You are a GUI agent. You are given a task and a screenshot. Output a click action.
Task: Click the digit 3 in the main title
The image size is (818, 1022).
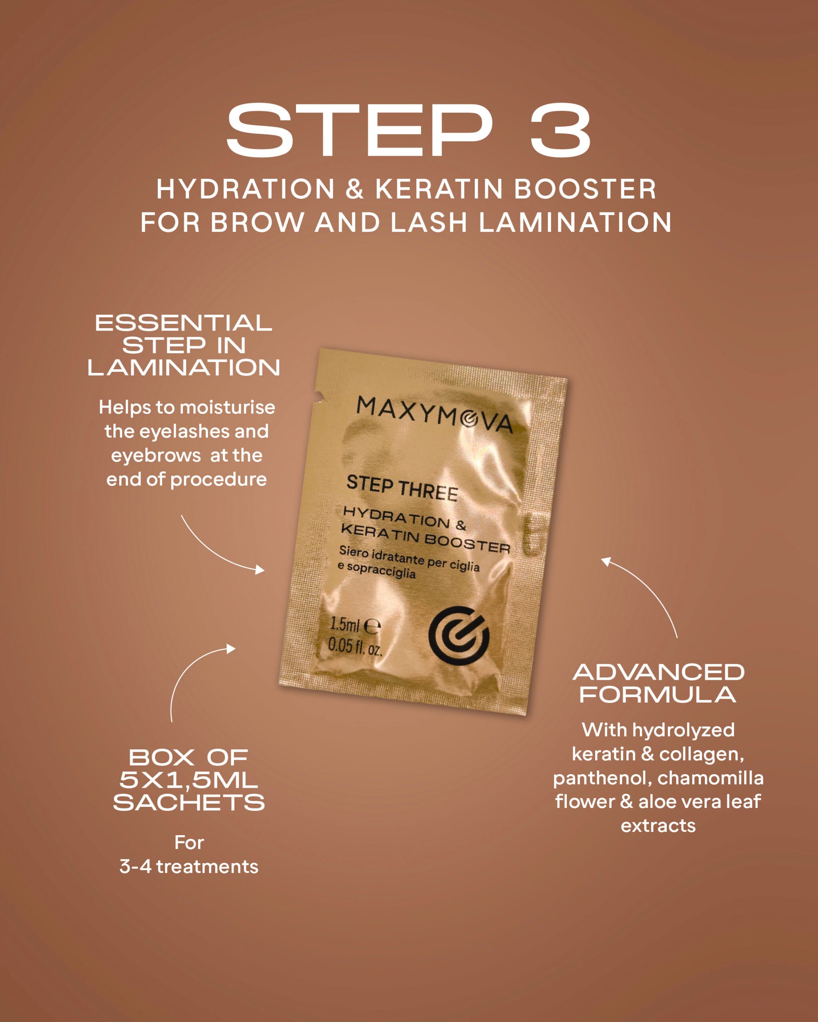point(560,130)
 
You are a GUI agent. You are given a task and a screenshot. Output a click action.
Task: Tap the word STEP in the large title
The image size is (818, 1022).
point(359,130)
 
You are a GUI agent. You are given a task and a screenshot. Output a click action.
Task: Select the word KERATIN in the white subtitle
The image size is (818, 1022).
point(439,189)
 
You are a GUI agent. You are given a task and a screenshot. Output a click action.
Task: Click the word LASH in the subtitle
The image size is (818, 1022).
point(429,222)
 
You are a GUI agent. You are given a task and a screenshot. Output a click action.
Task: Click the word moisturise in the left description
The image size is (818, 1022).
point(227,407)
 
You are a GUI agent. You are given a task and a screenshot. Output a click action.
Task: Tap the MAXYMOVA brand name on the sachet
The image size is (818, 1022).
point(435,414)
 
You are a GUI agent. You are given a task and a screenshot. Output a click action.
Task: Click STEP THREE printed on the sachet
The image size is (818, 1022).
point(402,488)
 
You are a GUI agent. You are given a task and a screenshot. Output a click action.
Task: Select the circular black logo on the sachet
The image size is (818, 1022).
point(459,634)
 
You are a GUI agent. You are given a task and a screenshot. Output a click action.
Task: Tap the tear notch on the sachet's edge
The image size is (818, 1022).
point(320,395)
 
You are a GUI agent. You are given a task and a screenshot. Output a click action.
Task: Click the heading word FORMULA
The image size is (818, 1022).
point(658,695)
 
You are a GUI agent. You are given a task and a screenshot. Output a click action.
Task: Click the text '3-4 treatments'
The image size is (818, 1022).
point(189,867)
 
